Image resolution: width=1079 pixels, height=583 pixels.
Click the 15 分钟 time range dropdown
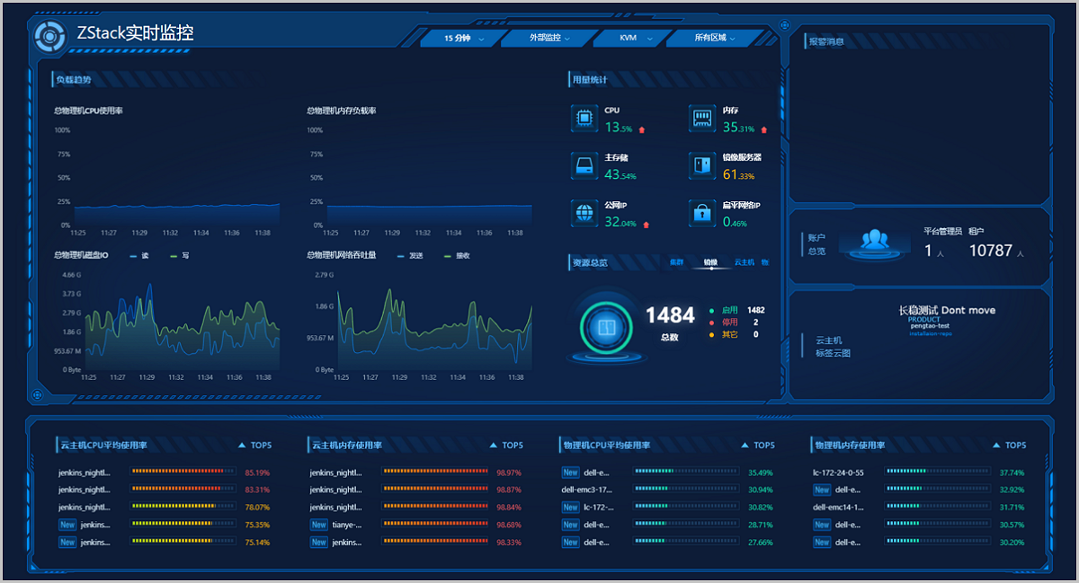tap(462, 39)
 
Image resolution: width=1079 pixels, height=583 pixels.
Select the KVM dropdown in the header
tap(632, 39)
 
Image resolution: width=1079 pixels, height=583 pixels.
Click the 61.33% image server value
tap(738, 175)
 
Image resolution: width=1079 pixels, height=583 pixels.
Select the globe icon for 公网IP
tap(584, 213)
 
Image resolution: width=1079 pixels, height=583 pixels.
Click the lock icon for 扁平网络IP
tap(701, 213)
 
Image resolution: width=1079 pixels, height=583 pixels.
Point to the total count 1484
tap(670, 315)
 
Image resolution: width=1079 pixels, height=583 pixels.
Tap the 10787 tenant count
tap(990, 252)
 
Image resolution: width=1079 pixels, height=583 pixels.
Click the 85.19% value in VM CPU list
tap(257, 473)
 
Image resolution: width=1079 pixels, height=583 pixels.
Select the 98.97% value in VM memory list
tap(509, 473)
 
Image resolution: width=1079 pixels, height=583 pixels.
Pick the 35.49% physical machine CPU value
tap(761, 473)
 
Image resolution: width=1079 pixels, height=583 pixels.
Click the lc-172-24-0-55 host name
tap(838, 473)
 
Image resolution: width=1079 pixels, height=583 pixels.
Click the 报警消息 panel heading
tap(825, 41)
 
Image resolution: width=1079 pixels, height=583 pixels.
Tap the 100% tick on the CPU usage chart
tap(62, 130)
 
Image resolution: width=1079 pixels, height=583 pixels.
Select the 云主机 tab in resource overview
tap(744, 262)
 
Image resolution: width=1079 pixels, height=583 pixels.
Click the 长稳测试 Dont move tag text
tap(947, 310)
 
